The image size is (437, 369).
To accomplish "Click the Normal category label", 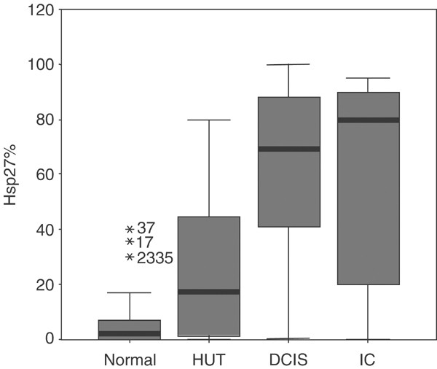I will [130, 360].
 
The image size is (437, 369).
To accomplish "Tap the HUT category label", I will [209, 360].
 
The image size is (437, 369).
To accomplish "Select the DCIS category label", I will [288, 360].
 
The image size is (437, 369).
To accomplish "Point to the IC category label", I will [368, 360].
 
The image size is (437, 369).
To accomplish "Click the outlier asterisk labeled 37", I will [130, 229].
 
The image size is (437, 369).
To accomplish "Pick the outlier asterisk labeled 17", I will [130, 243].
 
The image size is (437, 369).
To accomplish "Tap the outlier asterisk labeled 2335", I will [130, 257].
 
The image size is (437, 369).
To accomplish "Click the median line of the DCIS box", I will [288, 149].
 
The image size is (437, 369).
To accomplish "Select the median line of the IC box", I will [368, 120].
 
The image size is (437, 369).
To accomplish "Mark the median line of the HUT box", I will [209, 292].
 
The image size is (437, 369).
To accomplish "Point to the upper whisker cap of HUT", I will [209, 120].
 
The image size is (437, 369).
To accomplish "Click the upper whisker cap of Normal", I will [130, 292].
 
